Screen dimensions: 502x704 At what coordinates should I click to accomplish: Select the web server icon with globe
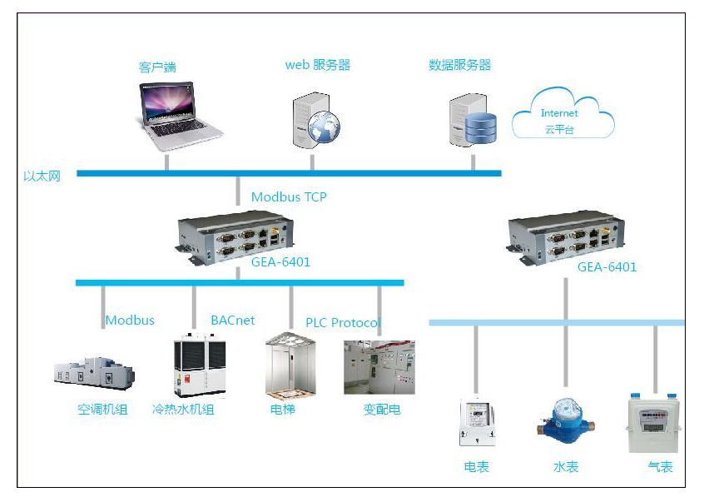(x=315, y=120)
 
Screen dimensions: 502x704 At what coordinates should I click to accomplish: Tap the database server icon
(x=472, y=120)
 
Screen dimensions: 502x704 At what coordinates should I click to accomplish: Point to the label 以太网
(x=42, y=176)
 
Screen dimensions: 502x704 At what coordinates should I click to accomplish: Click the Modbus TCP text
(x=289, y=197)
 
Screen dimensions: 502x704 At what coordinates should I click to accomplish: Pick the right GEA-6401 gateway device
(x=566, y=236)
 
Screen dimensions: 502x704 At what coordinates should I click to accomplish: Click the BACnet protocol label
(x=232, y=321)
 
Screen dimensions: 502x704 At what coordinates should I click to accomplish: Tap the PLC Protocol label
(x=342, y=323)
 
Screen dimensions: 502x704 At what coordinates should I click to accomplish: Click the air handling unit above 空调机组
(x=92, y=374)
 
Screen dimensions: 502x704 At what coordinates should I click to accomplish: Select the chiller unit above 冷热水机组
(x=199, y=366)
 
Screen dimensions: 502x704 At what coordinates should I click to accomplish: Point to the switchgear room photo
(x=379, y=366)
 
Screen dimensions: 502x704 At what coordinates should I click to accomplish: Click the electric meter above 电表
(x=477, y=422)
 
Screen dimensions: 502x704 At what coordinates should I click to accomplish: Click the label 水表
(x=566, y=467)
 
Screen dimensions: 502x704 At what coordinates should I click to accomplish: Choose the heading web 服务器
(x=317, y=65)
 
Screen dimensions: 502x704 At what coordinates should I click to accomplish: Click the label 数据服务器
(x=459, y=65)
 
